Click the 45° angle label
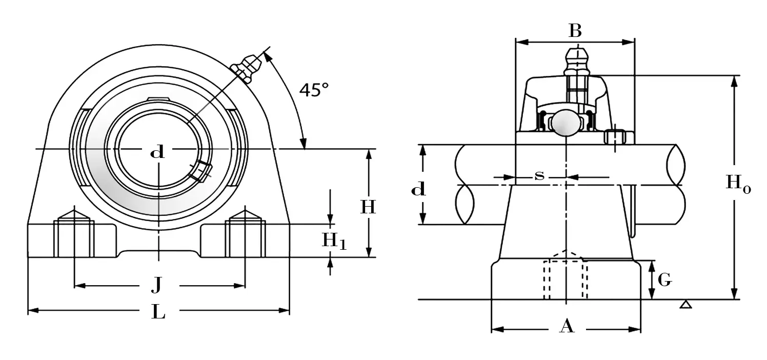(x=314, y=91)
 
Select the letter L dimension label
(x=158, y=311)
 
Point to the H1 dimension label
(x=334, y=241)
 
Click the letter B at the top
(x=575, y=32)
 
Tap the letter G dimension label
(x=664, y=280)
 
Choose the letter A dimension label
(x=566, y=326)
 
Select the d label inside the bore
(x=157, y=152)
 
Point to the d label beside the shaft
(x=418, y=190)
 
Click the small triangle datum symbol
(x=685, y=305)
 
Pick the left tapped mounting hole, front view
(x=74, y=237)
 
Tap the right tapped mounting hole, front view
(x=245, y=237)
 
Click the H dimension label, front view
(x=368, y=207)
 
